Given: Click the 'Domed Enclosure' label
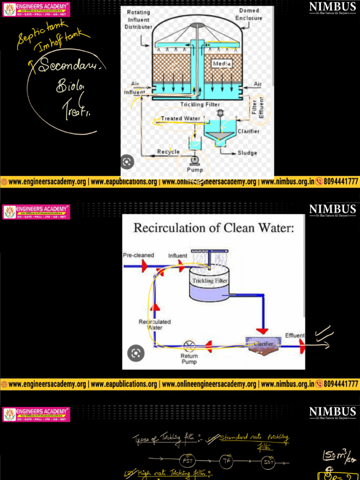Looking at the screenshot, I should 250,14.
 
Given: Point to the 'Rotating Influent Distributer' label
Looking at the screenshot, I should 138,20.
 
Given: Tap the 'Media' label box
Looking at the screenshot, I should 222,63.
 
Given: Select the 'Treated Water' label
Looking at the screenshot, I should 180,119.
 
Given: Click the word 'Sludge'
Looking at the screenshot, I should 247,153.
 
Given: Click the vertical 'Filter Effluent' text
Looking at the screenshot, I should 258,106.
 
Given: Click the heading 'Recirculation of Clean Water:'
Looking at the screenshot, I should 214,228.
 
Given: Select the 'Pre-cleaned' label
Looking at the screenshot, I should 138,255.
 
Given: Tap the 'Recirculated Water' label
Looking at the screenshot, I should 155,324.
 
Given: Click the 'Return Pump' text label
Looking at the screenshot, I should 189,359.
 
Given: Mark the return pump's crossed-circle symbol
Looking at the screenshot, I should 189,346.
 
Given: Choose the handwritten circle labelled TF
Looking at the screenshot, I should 227,461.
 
